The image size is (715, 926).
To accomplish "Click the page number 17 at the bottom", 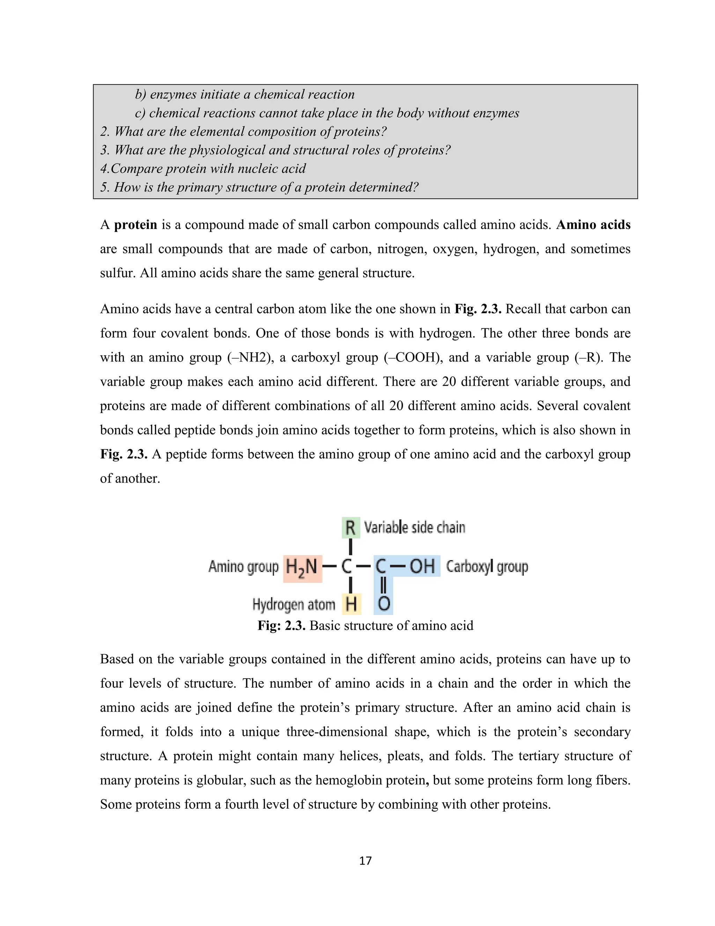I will pos(365,861).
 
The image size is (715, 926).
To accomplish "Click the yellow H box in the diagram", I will pos(351,604).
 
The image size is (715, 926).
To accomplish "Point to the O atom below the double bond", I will pos(383,604).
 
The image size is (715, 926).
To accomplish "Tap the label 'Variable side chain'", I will pos(415,527).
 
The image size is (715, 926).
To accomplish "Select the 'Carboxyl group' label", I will pos(487,566).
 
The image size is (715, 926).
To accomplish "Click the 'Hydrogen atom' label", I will pos(294,605).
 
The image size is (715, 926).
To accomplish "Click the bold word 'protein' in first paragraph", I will pos(135,225).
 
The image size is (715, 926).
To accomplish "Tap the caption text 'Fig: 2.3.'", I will pos(281,626).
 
